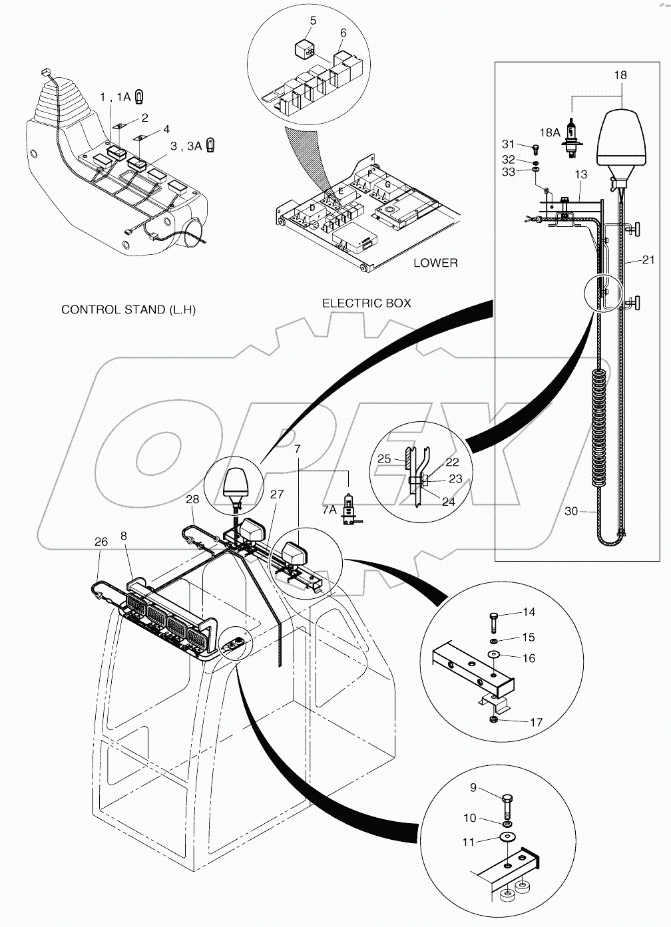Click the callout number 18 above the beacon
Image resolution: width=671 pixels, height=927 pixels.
coord(620,75)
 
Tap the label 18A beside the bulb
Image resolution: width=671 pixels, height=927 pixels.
coord(550,133)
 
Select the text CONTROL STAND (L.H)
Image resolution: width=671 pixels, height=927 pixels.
coord(128,309)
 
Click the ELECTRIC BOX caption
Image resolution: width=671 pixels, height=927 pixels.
coord(367,303)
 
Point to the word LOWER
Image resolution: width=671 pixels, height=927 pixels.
coord(435,263)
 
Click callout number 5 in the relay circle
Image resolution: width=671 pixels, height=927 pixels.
coord(313,21)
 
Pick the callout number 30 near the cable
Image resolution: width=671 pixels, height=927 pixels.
coord(571,511)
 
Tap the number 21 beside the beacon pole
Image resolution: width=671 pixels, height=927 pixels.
coord(648,260)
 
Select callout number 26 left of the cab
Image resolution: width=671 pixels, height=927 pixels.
coord(101,542)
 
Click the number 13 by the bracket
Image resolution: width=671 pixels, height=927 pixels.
coord(580,174)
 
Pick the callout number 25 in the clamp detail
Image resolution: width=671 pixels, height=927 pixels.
coord(384,459)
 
